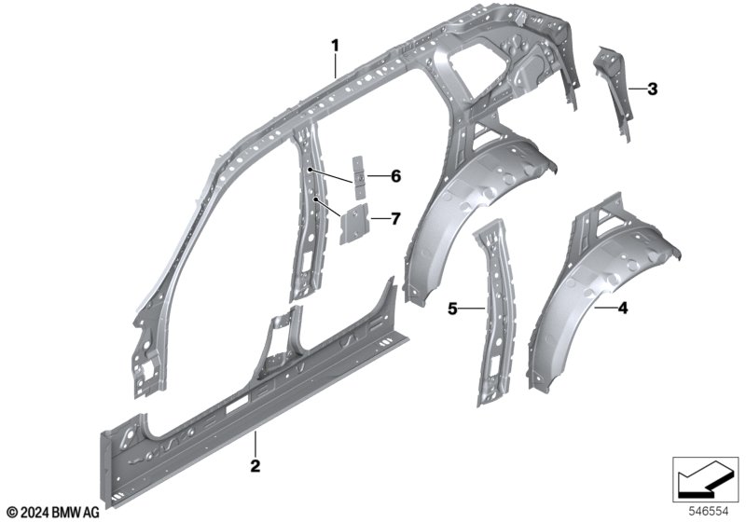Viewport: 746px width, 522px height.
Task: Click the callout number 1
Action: click(337, 44)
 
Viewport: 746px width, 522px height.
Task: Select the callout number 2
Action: click(254, 463)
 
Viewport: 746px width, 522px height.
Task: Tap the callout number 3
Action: click(653, 89)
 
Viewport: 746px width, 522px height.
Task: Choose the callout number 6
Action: click(395, 175)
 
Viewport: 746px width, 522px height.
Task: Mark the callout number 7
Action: click(395, 219)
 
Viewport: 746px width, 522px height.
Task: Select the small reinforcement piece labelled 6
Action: click(357, 175)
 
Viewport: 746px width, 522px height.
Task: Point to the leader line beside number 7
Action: click(379, 219)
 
